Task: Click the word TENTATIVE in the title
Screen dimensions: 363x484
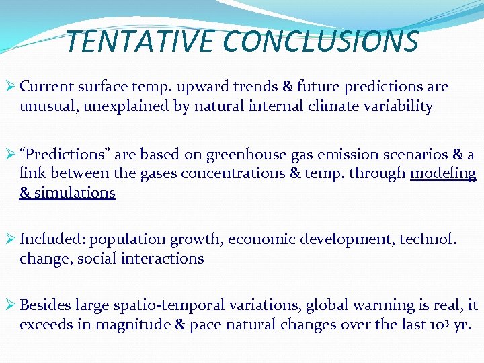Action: tap(142, 42)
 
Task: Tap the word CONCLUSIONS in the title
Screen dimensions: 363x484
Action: tap(321, 42)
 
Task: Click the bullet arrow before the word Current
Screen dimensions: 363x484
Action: tap(11, 87)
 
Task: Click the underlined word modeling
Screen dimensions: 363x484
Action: tap(443, 173)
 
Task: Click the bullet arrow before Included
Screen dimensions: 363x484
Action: tap(11, 239)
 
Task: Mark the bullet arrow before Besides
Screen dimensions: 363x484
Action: tap(11, 305)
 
